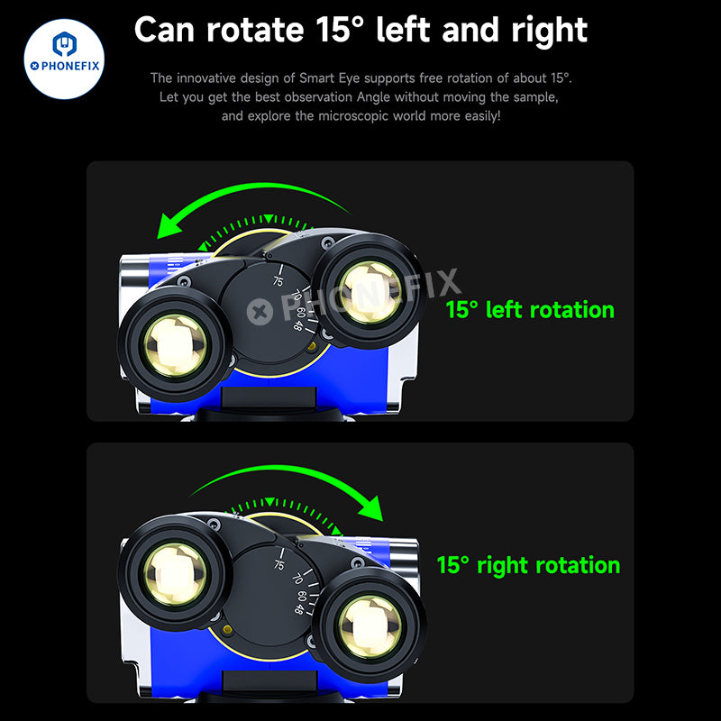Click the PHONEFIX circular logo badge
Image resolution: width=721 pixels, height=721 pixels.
tap(64, 59)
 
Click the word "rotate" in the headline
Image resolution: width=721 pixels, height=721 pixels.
tap(255, 30)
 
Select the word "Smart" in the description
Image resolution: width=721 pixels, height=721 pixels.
tap(317, 78)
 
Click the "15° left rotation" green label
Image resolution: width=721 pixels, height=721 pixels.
tap(530, 309)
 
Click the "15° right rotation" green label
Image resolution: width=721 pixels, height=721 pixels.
tap(528, 565)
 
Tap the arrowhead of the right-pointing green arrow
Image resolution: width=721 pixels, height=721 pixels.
tap(371, 508)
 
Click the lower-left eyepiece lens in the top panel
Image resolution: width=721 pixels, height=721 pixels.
tap(175, 345)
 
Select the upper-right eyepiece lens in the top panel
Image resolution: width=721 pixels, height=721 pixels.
tap(370, 291)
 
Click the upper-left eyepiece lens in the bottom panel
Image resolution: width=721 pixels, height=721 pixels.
tap(175, 573)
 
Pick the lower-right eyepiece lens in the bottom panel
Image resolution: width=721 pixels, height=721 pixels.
tap(371, 625)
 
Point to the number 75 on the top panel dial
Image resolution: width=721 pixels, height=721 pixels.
tap(278, 280)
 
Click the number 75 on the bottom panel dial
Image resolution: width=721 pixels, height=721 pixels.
tap(279, 564)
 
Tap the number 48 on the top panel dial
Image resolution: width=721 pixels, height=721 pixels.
tap(298, 325)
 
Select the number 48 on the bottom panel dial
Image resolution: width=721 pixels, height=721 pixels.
tap(299, 609)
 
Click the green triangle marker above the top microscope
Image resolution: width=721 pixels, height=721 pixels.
tap(269, 218)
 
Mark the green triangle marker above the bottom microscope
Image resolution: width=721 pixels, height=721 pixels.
tap(269, 502)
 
